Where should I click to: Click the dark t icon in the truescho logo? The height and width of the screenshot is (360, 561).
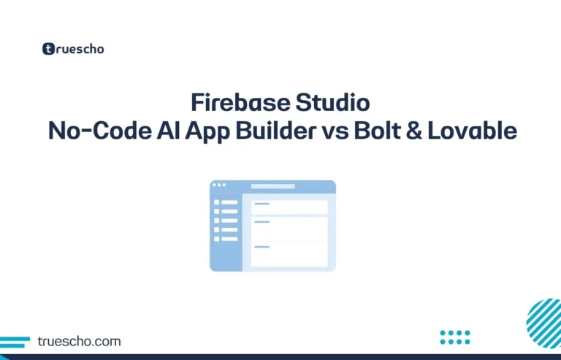[49, 50]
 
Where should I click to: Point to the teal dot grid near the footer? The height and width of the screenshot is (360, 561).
[455, 337]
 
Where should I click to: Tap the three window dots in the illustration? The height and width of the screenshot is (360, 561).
[219, 185]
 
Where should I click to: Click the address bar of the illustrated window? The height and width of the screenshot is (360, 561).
[273, 186]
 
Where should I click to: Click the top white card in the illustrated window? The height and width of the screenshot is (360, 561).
[289, 207]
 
